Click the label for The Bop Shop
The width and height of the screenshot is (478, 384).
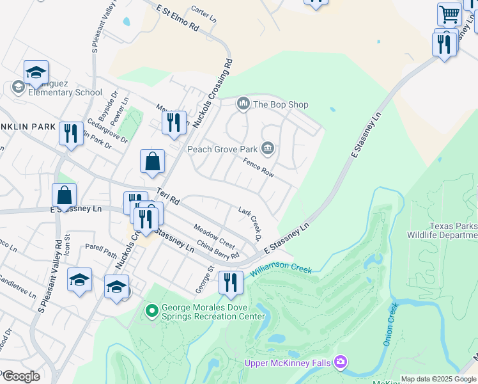pos(281,104)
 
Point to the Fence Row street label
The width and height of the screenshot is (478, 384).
pos(258,168)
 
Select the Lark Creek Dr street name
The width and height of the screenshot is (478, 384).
pos(251,223)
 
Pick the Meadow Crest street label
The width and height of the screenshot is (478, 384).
pos(215,235)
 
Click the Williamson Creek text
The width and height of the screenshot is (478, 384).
pos(281,271)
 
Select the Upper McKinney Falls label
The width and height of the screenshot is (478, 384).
pos(288,363)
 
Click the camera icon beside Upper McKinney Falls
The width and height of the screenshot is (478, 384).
pos(341,362)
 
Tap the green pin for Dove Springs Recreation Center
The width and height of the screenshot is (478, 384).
pos(151,312)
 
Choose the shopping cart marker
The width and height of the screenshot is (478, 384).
pos(449,14)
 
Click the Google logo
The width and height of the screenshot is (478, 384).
pos(20,376)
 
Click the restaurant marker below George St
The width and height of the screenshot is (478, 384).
pos(231,282)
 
